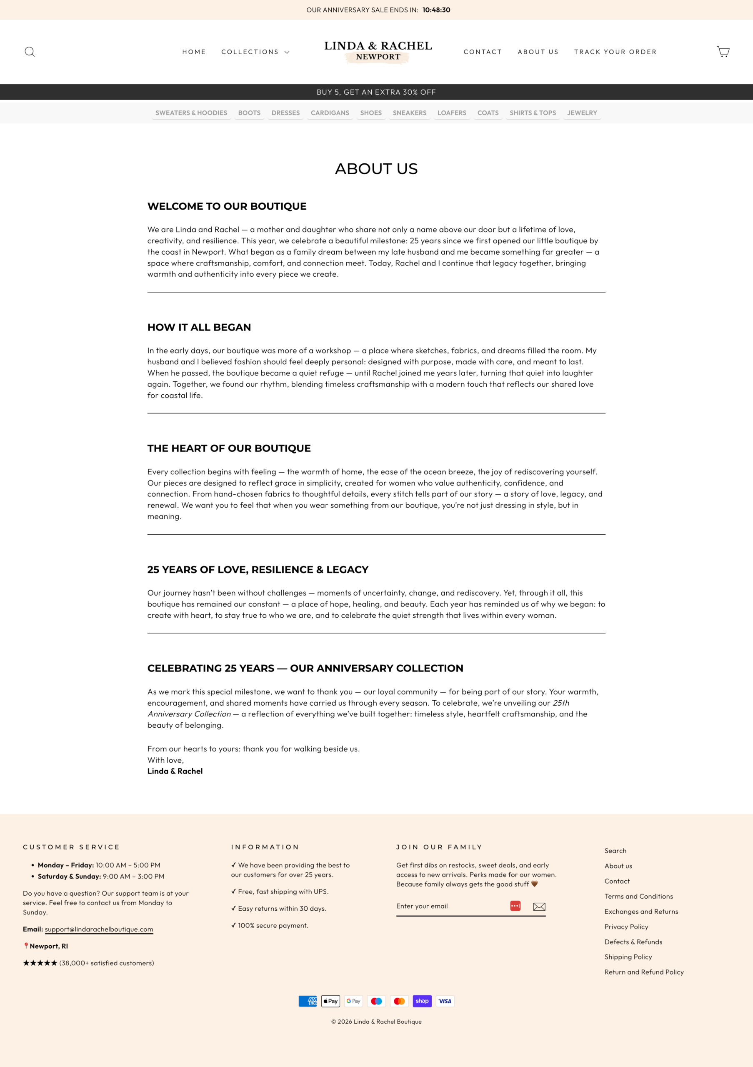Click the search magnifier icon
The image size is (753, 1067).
coord(30,52)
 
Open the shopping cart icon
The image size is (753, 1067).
coord(723,52)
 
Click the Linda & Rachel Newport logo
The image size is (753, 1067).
coord(378,51)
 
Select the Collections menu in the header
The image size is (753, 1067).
coord(255,52)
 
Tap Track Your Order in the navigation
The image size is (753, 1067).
coord(615,52)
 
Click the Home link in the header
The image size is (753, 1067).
coord(194,52)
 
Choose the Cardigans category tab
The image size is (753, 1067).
coord(330,113)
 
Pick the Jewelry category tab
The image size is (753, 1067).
coord(582,113)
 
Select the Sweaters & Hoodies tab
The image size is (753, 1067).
coord(191,113)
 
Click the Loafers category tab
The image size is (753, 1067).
coord(452,113)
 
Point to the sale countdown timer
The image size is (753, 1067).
coord(436,10)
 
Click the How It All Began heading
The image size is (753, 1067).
coord(199,327)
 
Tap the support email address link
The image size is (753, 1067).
coord(99,929)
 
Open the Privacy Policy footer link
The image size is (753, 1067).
coord(626,927)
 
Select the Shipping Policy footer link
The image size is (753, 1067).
coord(628,957)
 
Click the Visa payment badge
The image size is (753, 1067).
coord(445,1001)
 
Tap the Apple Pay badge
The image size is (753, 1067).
coord(330,1001)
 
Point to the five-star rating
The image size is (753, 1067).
coord(40,963)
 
